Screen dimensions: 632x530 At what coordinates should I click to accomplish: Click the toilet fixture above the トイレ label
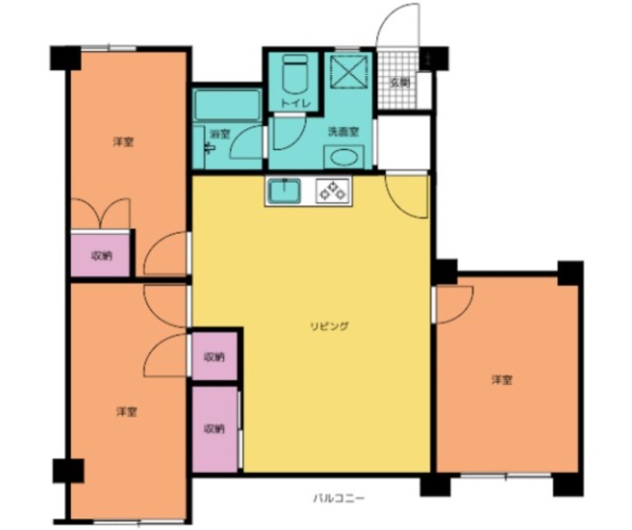294,74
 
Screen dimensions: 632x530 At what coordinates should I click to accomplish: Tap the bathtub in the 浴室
227,105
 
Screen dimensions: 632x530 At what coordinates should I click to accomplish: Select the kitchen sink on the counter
284,190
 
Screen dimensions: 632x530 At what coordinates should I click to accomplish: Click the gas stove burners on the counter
333,190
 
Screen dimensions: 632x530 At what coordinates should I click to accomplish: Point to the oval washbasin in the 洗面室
344,157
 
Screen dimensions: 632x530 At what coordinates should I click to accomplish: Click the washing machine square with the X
349,71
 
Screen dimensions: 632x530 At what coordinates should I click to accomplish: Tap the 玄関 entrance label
400,83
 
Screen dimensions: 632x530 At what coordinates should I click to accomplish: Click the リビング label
329,326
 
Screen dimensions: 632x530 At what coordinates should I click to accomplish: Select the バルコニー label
339,498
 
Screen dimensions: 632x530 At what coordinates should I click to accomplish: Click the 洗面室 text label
343,131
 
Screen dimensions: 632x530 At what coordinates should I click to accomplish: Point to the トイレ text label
296,104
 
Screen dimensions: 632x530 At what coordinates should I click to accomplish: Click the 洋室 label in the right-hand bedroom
502,380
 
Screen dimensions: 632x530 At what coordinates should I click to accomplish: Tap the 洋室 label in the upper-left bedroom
123,142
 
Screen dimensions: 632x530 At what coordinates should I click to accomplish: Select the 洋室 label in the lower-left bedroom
127,412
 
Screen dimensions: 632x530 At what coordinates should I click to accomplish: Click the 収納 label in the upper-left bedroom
102,256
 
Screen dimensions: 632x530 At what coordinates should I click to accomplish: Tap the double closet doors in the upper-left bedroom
101,214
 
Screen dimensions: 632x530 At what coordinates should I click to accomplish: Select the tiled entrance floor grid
397,79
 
